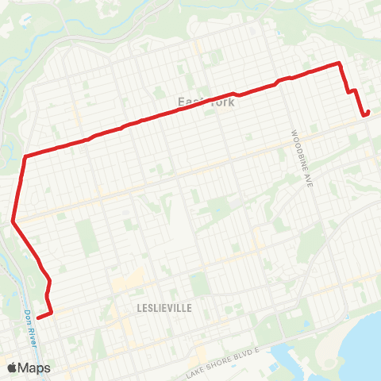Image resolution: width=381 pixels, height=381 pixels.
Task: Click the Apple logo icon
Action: click(x=12, y=368)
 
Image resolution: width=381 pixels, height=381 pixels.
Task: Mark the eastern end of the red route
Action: click(x=366, y=114)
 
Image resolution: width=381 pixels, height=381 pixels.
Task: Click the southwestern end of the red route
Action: click(x=37, y=318)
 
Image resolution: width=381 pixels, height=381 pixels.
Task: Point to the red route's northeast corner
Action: click(x=340, y=63)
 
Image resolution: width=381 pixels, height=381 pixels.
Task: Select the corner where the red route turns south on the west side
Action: click(x=26, y=156)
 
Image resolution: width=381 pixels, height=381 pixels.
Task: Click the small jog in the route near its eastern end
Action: click(x=351, y=92)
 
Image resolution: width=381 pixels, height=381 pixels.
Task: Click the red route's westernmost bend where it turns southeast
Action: click(x=13, y=221)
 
